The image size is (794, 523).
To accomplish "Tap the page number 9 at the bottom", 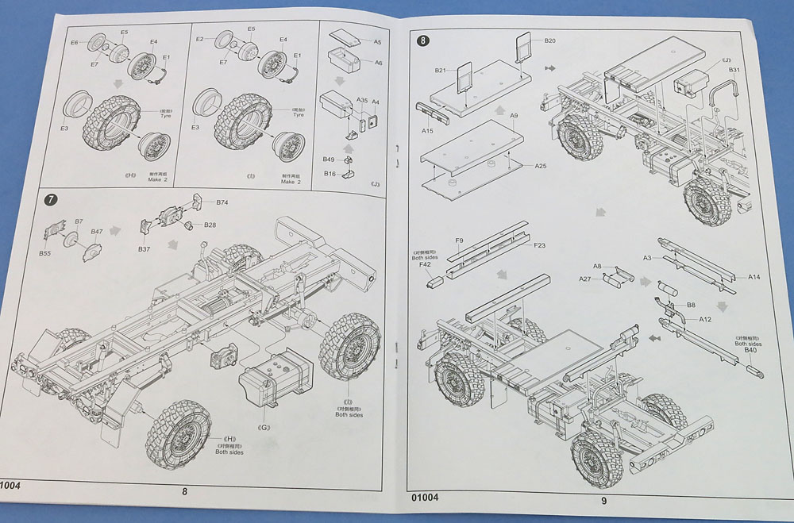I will tap(603, 500).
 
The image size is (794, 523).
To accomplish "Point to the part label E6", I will tap(75, 42).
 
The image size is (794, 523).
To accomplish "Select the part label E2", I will tap(200, 39).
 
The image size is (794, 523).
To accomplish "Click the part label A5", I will tap(378, 41).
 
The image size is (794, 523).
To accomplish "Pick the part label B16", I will tap(330, 173).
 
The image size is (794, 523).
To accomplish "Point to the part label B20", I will tap(550, 40).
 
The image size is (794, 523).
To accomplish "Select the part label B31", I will tap(734, 71).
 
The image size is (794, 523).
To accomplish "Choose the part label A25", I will tap(541, 166).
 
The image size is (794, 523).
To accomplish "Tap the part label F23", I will tap(539, 245).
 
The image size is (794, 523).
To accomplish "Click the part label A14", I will tap(754, 277).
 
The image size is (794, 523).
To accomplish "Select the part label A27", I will tap(585, 279).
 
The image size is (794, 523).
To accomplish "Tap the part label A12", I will tap(705, 319).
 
